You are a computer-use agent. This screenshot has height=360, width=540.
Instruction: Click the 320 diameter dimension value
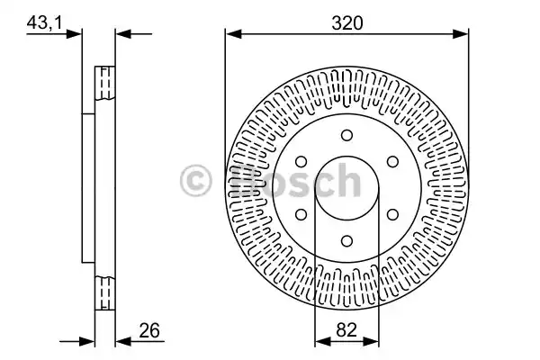(347, 23)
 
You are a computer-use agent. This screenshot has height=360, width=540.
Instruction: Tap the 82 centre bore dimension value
(346, 329)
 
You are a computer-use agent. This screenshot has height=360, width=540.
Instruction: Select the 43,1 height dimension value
(45, 23)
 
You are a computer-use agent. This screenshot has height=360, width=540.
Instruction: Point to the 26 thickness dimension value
(149, 330)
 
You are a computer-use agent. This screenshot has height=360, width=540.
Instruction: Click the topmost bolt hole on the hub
(346, 135)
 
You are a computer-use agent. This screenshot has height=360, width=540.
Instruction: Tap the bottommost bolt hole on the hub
(346, 240)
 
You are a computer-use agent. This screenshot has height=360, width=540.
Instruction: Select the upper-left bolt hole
(301, 162)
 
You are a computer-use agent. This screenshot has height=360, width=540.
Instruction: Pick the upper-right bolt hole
(392, 162)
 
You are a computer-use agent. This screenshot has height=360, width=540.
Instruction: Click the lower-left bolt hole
(301, 214)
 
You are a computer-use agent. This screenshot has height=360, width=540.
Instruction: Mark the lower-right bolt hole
(392, 214)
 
